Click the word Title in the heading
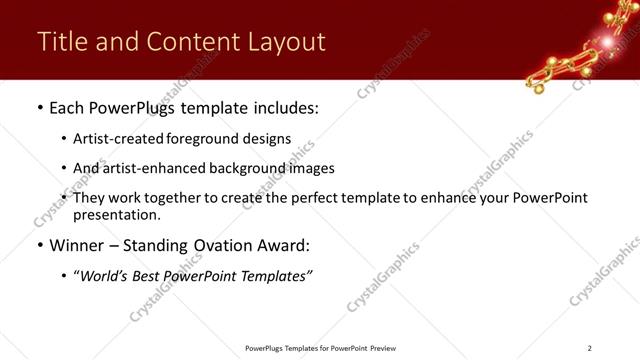[60, 42]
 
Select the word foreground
[208, 139]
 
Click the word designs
[269, 139]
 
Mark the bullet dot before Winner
[39, 245]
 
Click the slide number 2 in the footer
[589, 348]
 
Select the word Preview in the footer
[382, 348]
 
